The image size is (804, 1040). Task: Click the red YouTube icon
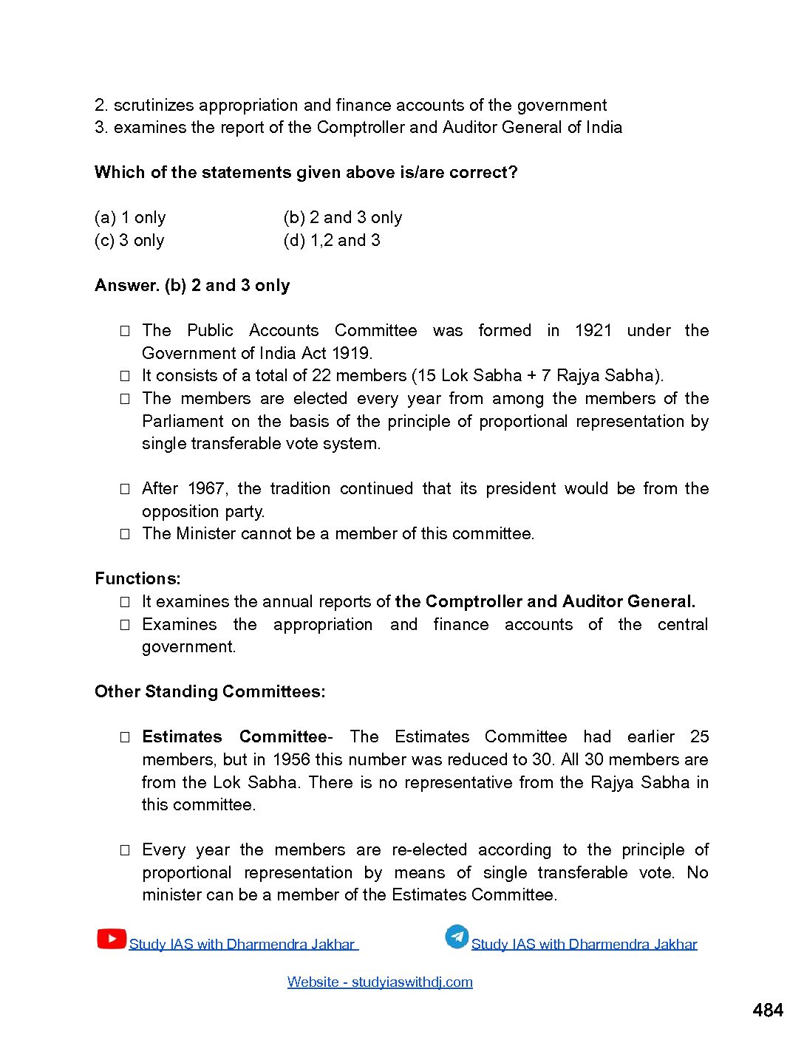click(111, 939)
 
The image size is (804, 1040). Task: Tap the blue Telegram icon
click(457, 937)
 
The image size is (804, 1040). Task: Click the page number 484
click(767, 1010)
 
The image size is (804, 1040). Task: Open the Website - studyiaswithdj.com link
click(380, 982)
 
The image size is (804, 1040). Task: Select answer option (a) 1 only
click(130, 218)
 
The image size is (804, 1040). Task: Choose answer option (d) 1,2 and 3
click(332, 241)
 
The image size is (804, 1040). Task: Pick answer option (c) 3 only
click(129, 241)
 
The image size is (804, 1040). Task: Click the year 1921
click(593, 331)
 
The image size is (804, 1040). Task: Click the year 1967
click(206, 489)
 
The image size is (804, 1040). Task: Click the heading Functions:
click(137, 579)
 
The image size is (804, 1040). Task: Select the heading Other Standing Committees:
click(210, 692)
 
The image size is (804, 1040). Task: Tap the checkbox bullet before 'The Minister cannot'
click(125, 534)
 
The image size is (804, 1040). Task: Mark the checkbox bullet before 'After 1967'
click(125, 489)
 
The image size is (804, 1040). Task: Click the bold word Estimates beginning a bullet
click(182, 737)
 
